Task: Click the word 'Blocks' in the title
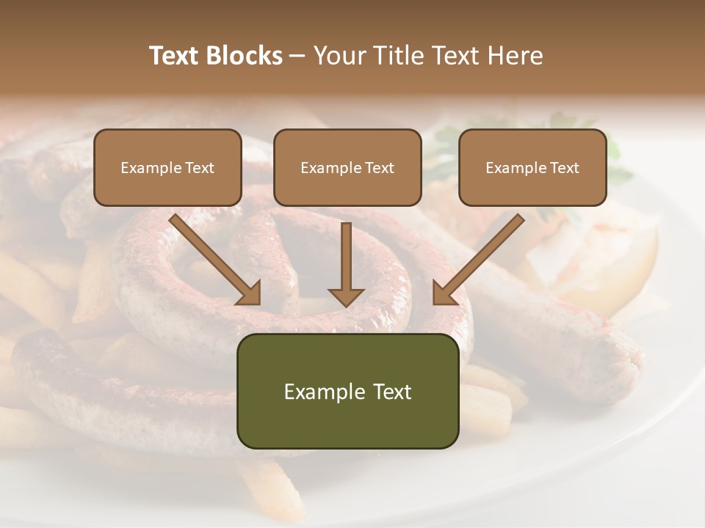pos(245,56)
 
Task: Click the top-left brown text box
pos(167,167)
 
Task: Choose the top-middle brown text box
pos(347,167)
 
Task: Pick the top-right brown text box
pos(532,167)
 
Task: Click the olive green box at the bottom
pos(347,391)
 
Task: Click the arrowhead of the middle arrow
pos(347,296)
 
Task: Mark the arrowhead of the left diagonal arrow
pos(250,293)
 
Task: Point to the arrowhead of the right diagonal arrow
pos(443,293)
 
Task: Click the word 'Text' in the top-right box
pos(564,168)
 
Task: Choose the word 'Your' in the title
pos(339,56)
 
